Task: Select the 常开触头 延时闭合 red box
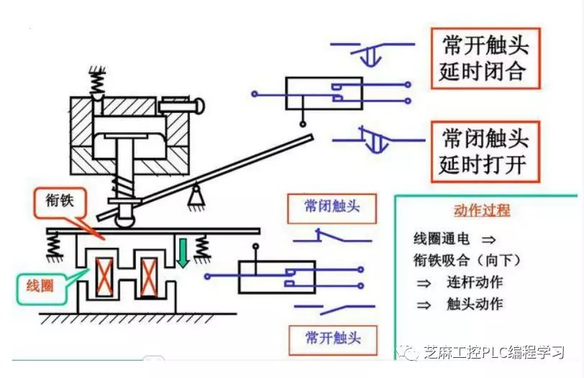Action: pyautogui.click(x=485, y=58)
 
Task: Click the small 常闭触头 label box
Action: pyautogui.click(x=331, y=208)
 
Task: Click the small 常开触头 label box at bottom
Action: pyautogui.click(x=332, y=337)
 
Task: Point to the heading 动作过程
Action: pyautogui.click(x=481, y=210)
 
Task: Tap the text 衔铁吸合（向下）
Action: pyautogui.click(x=466, y=260)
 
